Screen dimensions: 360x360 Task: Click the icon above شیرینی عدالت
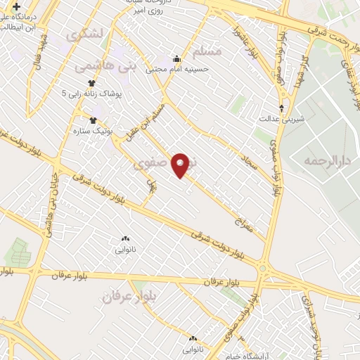click(x=282, y=108)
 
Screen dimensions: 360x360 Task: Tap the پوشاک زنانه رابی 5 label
click(x=91, y=93)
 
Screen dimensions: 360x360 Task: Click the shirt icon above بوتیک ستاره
click(x=91, y=120)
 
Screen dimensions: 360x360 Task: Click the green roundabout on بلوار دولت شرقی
click(x=264, y=269)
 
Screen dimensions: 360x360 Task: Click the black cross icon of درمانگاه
click(x=15, y=6)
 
